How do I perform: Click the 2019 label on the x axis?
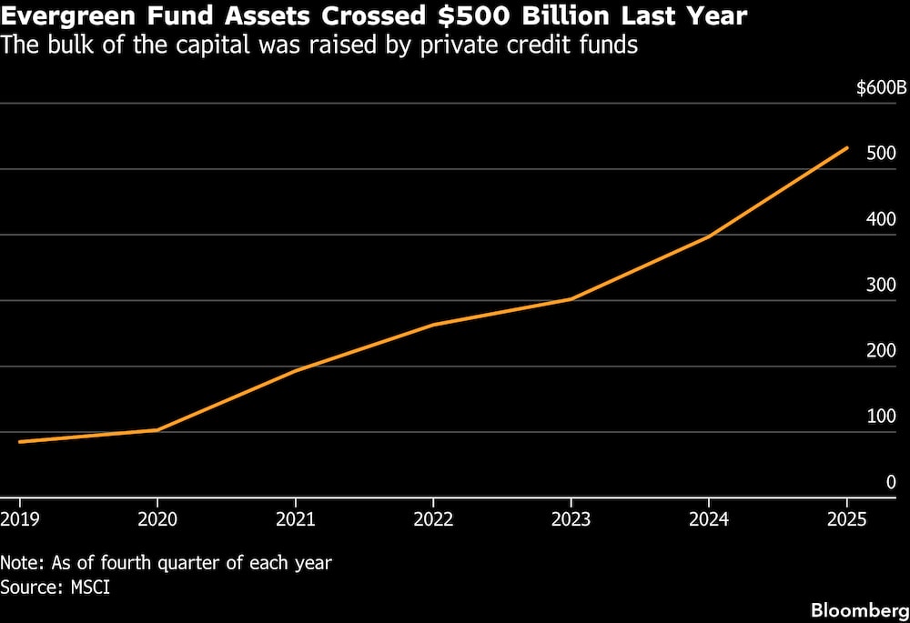pyautogui.click(x=20, y=518)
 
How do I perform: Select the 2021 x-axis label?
pyautogui.click(x=296, y=518)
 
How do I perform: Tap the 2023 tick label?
pyautogui.click(x=571, y=518)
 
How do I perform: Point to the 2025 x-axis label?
pyautogui.click(x=846, y=518)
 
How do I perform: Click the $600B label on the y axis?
pyautogui.click(x=881, y=88)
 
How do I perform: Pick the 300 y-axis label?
pyautogui.click(x=881, y=285)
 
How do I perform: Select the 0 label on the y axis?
pyautogui.click(x=891, y=482)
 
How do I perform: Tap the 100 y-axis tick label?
pyautogui.click(x=881, y=417)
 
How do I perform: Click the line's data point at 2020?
pyautogui.click(x=157, y=430)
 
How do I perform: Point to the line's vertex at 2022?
pyautogui.click(x=433, y=325)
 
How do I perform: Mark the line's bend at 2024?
pyautogui.click(x=709, y=236)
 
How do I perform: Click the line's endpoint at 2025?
pyautogui.click(x=846, y=148)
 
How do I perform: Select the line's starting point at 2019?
pyautogui.click(x=20, y=442)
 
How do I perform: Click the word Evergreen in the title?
pyautogui.click(x=68, y=16)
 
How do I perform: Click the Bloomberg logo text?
pyautogui.click(x=860, y=611)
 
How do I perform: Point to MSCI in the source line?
pyautogui.click(x=90, y=587)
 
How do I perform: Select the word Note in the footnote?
pyautogui.click(x=22, y=563)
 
